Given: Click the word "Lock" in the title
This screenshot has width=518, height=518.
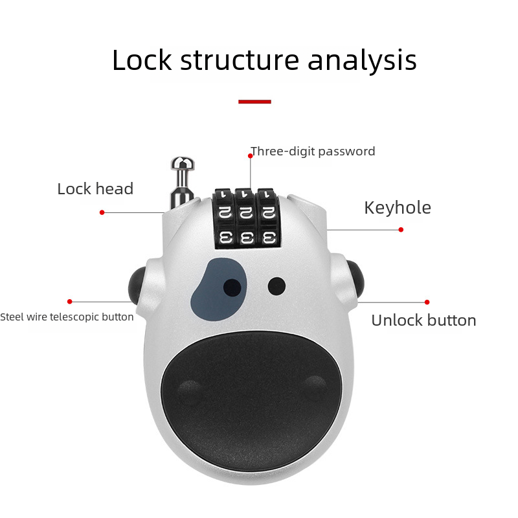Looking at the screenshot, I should (x=142, y=60).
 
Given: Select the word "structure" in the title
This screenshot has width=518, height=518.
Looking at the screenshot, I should (x=239, y=60).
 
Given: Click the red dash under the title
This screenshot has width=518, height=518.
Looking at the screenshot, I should (x=254, y=102).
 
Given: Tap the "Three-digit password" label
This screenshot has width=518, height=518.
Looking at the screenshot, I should (x=313, y=152).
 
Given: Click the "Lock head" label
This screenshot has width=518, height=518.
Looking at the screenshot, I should (x=95, y=189).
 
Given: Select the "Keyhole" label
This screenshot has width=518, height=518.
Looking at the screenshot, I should (x=397, y=208).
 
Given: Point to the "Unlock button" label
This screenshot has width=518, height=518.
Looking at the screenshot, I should (x=423, y=321).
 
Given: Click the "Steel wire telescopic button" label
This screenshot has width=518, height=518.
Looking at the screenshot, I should (x=67, y=317).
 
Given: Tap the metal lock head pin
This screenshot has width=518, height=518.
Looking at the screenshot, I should (x=181, y=177).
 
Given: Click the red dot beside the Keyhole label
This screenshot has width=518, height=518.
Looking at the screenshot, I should (x=401, y=229).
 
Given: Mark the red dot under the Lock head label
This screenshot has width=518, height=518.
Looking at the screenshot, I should (x=102, y=212).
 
